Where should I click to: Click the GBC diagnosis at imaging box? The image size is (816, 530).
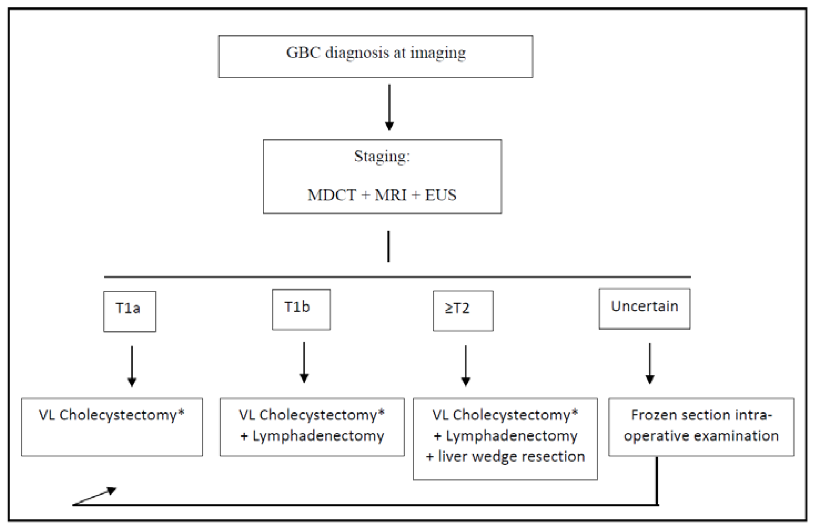tap(375, 56)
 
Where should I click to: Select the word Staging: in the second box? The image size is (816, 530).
tap(382, 156)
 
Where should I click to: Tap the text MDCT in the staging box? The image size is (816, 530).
tap(332, 195)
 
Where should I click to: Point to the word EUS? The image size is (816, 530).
tap(441, 195)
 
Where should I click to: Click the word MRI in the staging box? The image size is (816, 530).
tap(391, 195)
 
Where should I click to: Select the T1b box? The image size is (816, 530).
tap(301, 309)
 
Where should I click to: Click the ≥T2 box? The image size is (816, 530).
tap(463, 310)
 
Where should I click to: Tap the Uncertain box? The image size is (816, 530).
tap(645, 309)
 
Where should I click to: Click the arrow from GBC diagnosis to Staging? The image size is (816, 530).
tap(389, 107)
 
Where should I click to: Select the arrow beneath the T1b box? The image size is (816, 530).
tap(304, 362)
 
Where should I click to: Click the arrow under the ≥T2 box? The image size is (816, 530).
tap(466, 365)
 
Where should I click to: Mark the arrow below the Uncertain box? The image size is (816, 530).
tap(650, 363)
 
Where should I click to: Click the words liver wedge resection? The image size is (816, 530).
tap(511, 457)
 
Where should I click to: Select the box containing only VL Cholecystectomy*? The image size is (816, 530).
tap(112, 427)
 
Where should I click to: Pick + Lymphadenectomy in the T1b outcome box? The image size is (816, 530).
tap(312, 436)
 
